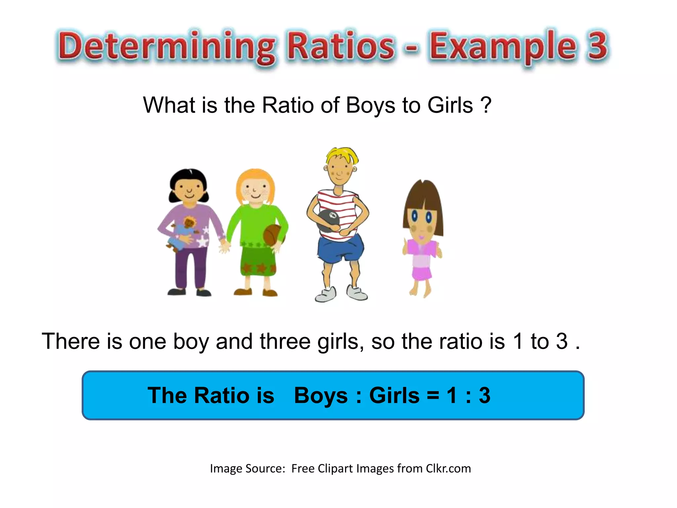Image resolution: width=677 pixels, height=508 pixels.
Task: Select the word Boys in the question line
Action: tap(371, 105)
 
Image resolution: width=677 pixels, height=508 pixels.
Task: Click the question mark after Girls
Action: tap(486, 105)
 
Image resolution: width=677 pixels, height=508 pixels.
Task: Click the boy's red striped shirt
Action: tap(337, 202)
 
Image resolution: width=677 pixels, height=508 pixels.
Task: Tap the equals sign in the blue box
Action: tap(433, 396)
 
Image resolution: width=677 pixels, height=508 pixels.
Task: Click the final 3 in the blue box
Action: tap(485, 395)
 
